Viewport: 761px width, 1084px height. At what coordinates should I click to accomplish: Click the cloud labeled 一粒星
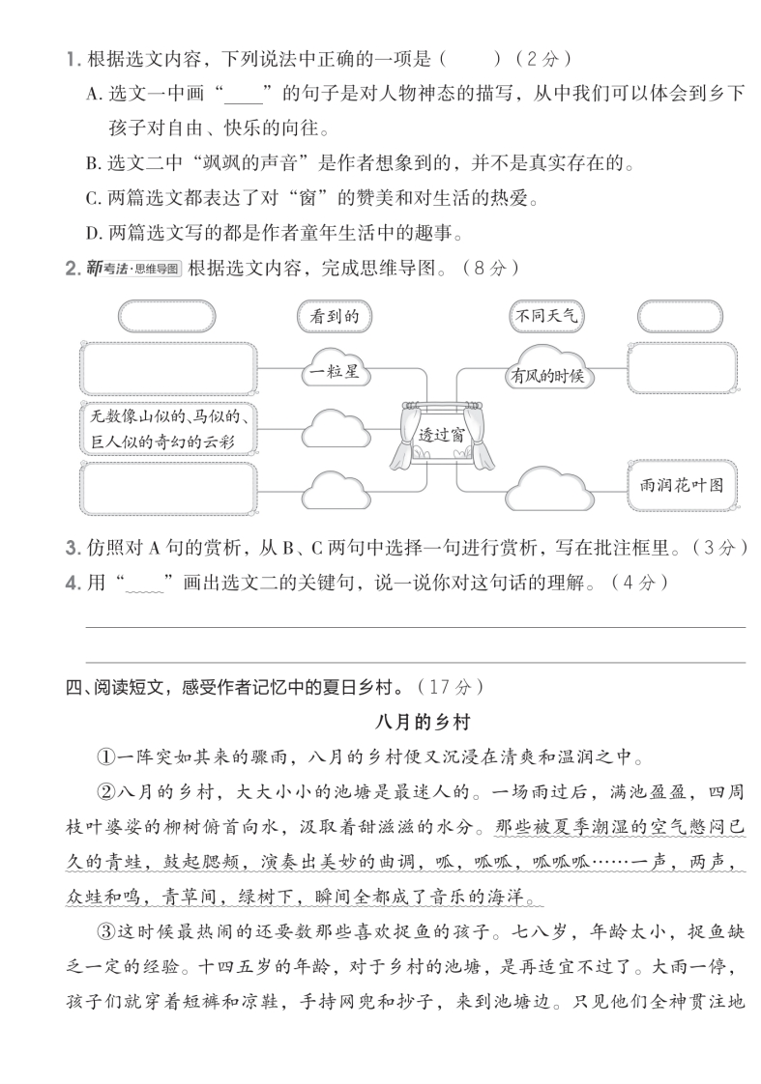click(335, 371)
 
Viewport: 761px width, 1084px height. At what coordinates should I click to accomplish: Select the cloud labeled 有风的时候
click(548, 373)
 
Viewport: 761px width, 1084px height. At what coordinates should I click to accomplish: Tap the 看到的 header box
click(335, 316)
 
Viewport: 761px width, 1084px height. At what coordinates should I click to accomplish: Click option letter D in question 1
click(93, 233)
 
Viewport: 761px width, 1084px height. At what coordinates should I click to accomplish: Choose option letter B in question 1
click(93, 163)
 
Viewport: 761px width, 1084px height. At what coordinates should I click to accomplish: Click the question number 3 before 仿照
click(71, 549)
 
